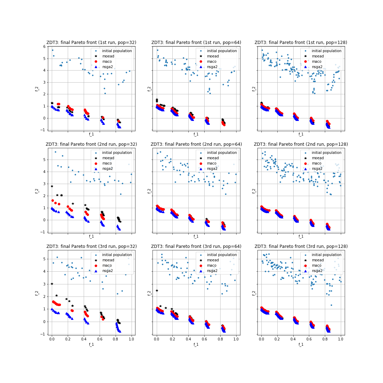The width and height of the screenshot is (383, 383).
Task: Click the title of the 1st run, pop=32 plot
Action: (x=91, y=43)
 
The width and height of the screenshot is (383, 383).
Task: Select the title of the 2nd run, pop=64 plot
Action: (x=196, y=144)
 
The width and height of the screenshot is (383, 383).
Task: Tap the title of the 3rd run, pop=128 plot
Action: (x=301, y=246)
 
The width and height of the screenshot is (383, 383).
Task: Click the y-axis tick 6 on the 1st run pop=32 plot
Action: (x=44, y=46)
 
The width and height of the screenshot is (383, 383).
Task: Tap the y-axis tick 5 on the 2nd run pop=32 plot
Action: (x=44, y=160)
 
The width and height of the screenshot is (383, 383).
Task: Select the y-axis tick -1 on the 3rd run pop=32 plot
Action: (x=44, y=334)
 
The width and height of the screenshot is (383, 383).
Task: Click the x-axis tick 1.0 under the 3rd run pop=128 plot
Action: (x=340, y=339)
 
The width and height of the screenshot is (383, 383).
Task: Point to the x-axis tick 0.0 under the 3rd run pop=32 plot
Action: (x=52, y=339)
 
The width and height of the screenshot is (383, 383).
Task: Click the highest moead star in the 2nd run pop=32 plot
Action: (x=52, y=186)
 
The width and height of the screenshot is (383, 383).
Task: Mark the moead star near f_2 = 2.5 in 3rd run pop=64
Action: (x=157, y=290)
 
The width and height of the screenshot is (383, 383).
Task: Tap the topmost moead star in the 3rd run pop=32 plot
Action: (x=52, y=284)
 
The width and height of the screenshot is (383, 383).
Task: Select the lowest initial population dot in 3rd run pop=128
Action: (x=332, y=305)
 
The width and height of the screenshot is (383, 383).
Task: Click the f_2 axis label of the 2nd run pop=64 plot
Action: (x=149, y=190)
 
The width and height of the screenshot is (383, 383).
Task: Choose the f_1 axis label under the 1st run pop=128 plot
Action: (x=301, y=134)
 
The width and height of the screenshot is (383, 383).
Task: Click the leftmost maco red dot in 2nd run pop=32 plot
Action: (x=52, y=200)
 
